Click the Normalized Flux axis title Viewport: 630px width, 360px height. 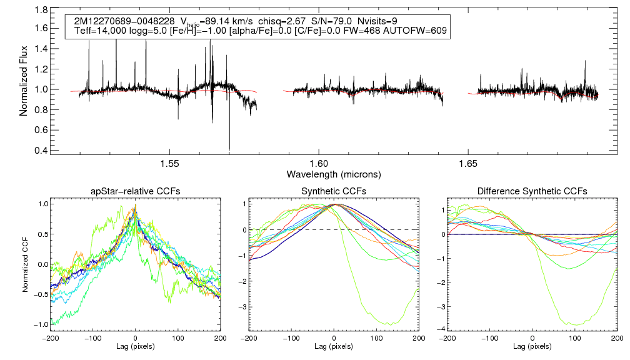click(x=24, y=80)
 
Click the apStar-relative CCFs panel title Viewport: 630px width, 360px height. click(x=135, y=191)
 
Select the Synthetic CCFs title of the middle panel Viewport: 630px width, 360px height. click(x=334, y=191)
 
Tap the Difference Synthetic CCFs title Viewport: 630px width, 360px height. click(x=532, y=191)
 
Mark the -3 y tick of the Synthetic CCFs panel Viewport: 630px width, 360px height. click(x=244, y=307)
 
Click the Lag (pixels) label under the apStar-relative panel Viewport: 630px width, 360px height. click(x=136, y=346)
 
